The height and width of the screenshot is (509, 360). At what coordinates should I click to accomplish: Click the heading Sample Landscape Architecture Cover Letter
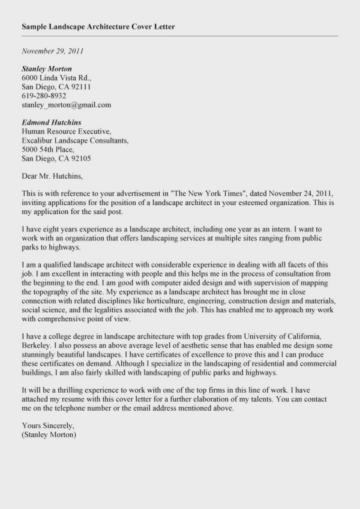click(98, 27)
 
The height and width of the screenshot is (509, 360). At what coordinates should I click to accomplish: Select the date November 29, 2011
click(52, 51)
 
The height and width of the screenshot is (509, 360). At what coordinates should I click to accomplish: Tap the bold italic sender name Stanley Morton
click(47, 69)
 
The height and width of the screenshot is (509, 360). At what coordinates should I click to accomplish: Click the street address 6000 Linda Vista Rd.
click(56, 78)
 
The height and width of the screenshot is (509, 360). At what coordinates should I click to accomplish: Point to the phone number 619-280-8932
click(44, 95)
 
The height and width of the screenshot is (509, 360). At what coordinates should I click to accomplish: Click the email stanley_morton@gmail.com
click(66, 104)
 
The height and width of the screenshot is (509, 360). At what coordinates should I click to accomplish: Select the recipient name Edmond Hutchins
click(51, 122)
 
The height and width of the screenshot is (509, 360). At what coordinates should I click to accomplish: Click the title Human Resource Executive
click(66, 132)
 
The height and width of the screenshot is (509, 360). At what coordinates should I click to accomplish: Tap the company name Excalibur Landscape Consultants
click(75, 141)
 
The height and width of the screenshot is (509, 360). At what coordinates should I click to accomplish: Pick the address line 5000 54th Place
click(48, 150)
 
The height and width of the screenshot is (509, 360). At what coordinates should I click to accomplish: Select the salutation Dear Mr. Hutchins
click(52, 176)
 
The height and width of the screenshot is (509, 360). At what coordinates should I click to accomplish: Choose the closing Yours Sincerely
click(48, 425)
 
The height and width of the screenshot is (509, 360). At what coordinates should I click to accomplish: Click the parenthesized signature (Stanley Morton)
click(49, 434)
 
